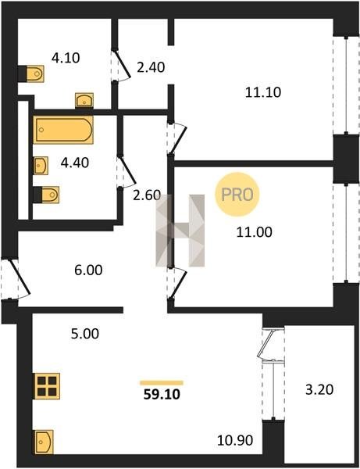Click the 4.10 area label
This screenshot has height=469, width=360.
66,58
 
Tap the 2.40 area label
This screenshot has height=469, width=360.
151,67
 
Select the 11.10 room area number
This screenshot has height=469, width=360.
263,92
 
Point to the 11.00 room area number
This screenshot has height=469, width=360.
255,232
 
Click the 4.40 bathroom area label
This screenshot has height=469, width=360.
75,163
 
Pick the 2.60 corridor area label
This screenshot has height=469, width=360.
147,195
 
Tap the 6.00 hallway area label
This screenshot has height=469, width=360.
88,270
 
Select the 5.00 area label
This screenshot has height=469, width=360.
85,334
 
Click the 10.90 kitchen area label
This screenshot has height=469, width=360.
235,440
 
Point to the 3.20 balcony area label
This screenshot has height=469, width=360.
319,390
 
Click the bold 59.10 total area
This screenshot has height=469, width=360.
162,395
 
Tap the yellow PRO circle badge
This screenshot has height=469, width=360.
237,195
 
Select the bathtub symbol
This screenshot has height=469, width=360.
63,130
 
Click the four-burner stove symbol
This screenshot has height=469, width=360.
47,386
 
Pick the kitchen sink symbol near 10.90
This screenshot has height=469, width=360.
44,442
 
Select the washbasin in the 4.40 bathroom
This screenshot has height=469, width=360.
41,166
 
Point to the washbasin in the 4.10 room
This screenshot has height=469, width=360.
84,100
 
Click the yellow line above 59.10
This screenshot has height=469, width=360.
162,383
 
